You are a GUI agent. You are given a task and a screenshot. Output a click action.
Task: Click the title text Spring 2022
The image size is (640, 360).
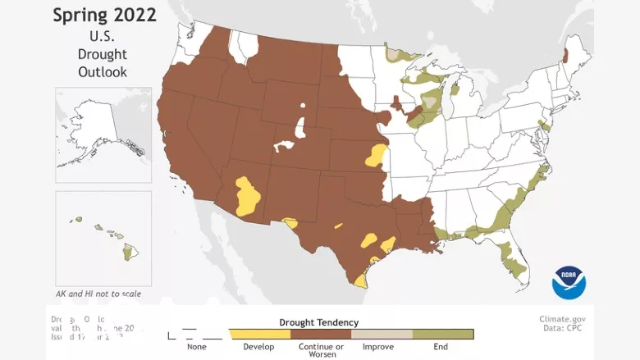tap(104, 15)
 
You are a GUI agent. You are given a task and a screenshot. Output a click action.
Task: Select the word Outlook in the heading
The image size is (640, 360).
tap(103, 72)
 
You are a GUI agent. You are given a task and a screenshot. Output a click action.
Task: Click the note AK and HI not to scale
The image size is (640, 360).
tap(98, 294)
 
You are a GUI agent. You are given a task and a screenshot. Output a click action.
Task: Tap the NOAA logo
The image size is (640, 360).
tap(569, 282)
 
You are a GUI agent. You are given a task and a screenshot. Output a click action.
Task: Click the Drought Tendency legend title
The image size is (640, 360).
tap(319, 322)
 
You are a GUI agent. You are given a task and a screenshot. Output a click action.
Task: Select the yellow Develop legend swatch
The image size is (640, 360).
tap(258, 335)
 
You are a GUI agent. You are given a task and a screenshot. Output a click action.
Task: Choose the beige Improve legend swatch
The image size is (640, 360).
tap(382, 335)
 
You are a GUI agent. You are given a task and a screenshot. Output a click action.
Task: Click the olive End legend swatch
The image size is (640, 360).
tap(443, 335)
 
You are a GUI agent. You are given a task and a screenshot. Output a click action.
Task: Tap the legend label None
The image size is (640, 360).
tap(197, 347)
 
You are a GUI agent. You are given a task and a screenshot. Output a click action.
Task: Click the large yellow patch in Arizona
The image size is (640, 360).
tap(248, 196)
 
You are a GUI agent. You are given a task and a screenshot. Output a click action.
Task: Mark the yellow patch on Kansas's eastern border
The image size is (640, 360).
tap(376, 155)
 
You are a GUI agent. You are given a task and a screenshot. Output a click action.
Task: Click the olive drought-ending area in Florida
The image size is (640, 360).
tap(513, 262)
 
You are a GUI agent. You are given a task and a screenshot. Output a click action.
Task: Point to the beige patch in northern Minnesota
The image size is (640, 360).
tap(395, 54)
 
